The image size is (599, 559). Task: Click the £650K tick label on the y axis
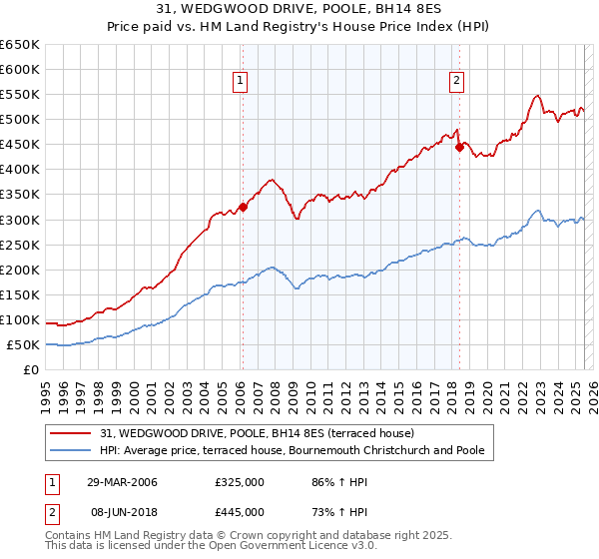tap(20, 45)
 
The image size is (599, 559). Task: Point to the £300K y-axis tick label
tap(20, 220)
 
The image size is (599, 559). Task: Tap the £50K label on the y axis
tap(23, 344)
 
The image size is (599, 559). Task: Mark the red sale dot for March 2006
tap(243, 208)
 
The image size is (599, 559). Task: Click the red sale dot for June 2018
tap(459, 147)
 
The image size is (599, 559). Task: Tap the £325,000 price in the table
tap(239, 482)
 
